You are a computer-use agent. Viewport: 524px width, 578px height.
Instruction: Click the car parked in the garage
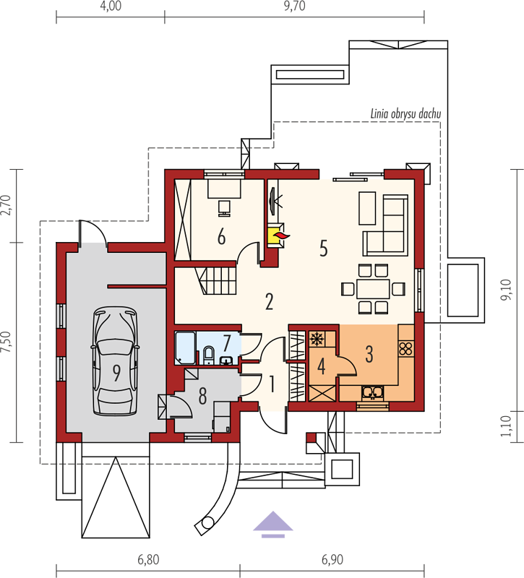click(x=116, y=362)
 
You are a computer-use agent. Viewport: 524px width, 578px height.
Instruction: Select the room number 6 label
click(x=221, y=237)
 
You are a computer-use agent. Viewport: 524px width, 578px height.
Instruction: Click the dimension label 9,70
click(x=294, y=7)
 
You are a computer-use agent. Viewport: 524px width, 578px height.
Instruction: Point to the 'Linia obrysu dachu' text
click(x=405, y=114)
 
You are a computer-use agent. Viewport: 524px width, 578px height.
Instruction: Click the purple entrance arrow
click(x=273, y=525)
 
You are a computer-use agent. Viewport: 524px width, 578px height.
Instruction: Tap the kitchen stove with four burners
click(x=406, y=348)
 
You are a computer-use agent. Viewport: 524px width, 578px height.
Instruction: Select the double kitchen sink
click(x=373, y=393)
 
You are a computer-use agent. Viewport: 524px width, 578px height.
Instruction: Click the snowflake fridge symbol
click(x=316, y=339)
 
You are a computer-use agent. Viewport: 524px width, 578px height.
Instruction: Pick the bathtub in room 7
click(x=185, y=348)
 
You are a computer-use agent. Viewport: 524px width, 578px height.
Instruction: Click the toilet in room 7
click(x=208, y=355)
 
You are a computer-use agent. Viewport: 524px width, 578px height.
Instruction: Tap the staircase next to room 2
click(x=215, y=280)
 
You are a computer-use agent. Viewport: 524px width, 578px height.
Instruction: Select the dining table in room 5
click(x=373, y=288)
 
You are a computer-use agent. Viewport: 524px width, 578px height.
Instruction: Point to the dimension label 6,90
click(x=332, y=559)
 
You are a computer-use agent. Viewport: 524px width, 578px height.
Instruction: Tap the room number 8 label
click(x=202, y=397)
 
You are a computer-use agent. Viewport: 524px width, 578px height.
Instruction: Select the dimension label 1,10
click(x=506, y=426)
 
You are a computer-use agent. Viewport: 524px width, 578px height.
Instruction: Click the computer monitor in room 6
click(x=224, y=208)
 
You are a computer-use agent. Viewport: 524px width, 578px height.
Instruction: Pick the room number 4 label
click(x=321, y=367)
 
